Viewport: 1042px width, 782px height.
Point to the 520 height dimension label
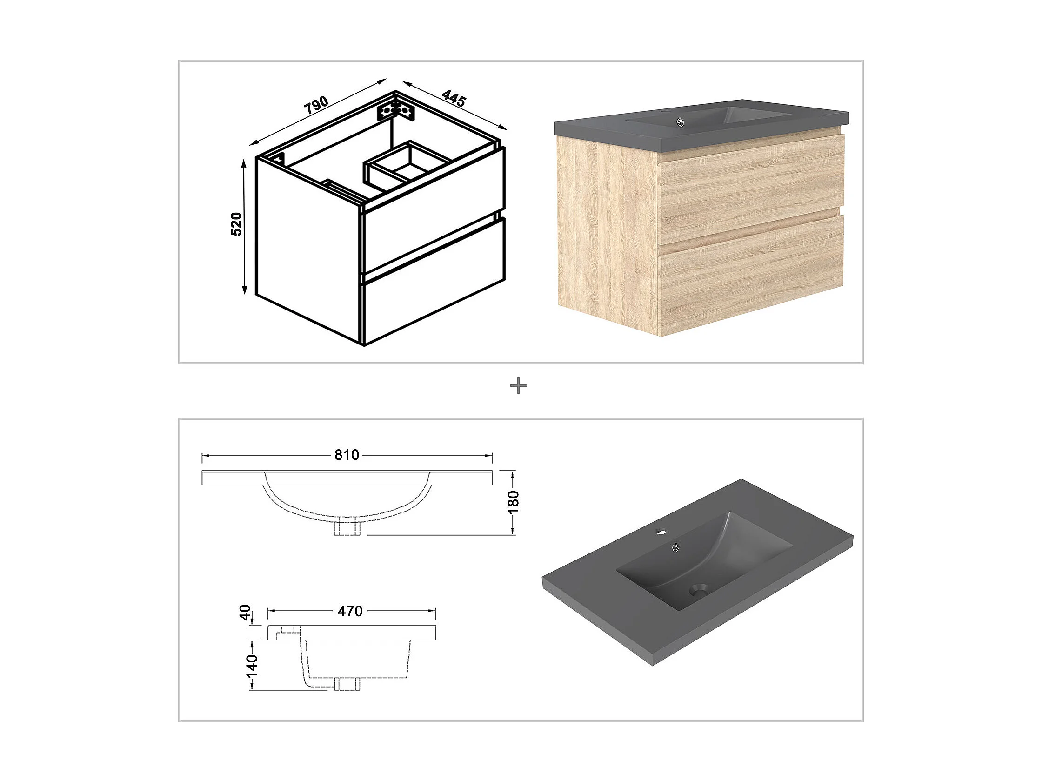click(236, 224)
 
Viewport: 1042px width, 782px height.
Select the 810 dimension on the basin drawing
click(347, 455)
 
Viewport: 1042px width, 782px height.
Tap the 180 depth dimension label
click(514, 502)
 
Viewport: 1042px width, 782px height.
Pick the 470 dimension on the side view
click(350, 611)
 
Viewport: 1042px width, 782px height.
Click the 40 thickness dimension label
click(246, 613)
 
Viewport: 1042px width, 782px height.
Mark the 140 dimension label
click(253, 665)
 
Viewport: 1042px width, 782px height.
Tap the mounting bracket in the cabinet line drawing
click(395, 111)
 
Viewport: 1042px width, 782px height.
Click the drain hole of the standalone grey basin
click(699, 589)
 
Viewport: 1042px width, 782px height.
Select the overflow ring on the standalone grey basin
click(675, 547)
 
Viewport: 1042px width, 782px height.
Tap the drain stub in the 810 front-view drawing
click(347, 527)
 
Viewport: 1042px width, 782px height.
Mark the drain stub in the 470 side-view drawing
click(347, 684)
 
